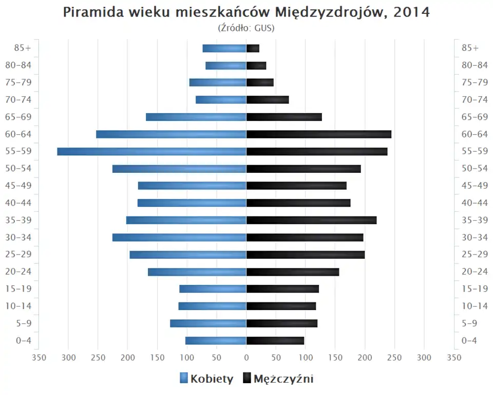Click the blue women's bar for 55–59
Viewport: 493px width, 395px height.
pyautogui.click(x=151, y=151)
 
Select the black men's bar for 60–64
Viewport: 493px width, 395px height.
pyautogui.click(x=318, y=134)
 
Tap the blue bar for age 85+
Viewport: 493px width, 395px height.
pyautogui.click(x=224, y=48)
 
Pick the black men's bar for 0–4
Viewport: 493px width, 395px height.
pyautogui.click(x=275, y=340)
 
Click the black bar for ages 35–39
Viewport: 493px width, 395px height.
pyautogui.click(x=311, y=220)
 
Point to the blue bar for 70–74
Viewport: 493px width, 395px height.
pyautogui.click(x=221, y=100)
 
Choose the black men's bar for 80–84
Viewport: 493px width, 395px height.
pyautogui.click(x=256, y=65)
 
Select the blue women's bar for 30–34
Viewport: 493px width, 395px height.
pyautogui.click(x=179, y=237)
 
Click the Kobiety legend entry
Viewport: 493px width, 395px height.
pyautogui.click(x=212, y=379)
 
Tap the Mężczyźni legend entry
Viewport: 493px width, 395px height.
pyautogui.click(x=283, y=379)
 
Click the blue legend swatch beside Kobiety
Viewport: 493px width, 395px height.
pyautogui.click(x=184, y=379)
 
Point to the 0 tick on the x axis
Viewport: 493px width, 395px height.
pyautogui.click(x=246, y=357)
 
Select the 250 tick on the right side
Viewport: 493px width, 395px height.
pyautogui.click(x=394, y=357)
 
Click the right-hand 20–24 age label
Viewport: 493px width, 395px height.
pyautogui.click(x=475, y=272)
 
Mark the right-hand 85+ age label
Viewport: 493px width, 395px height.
pyautogui.click(x=470, y=48)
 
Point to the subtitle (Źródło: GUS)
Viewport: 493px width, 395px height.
pyautogui.click(x=246, y=28)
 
